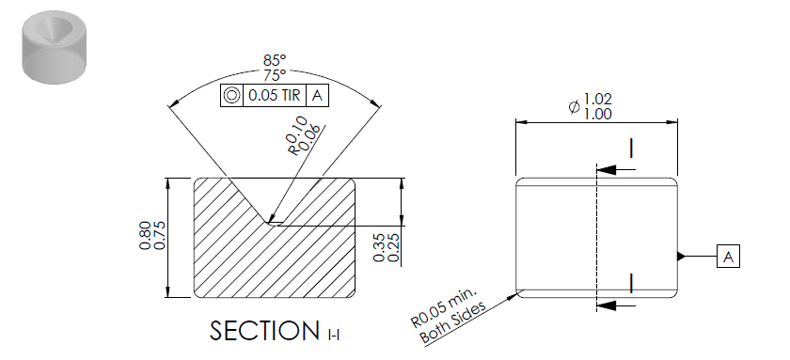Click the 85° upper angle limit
275,61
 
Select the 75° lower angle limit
275,75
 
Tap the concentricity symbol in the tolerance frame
231,95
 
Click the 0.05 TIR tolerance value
275,95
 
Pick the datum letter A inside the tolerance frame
317,95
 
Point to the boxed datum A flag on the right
729,257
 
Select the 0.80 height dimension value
145,236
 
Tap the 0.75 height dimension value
159,236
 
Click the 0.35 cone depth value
380,247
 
